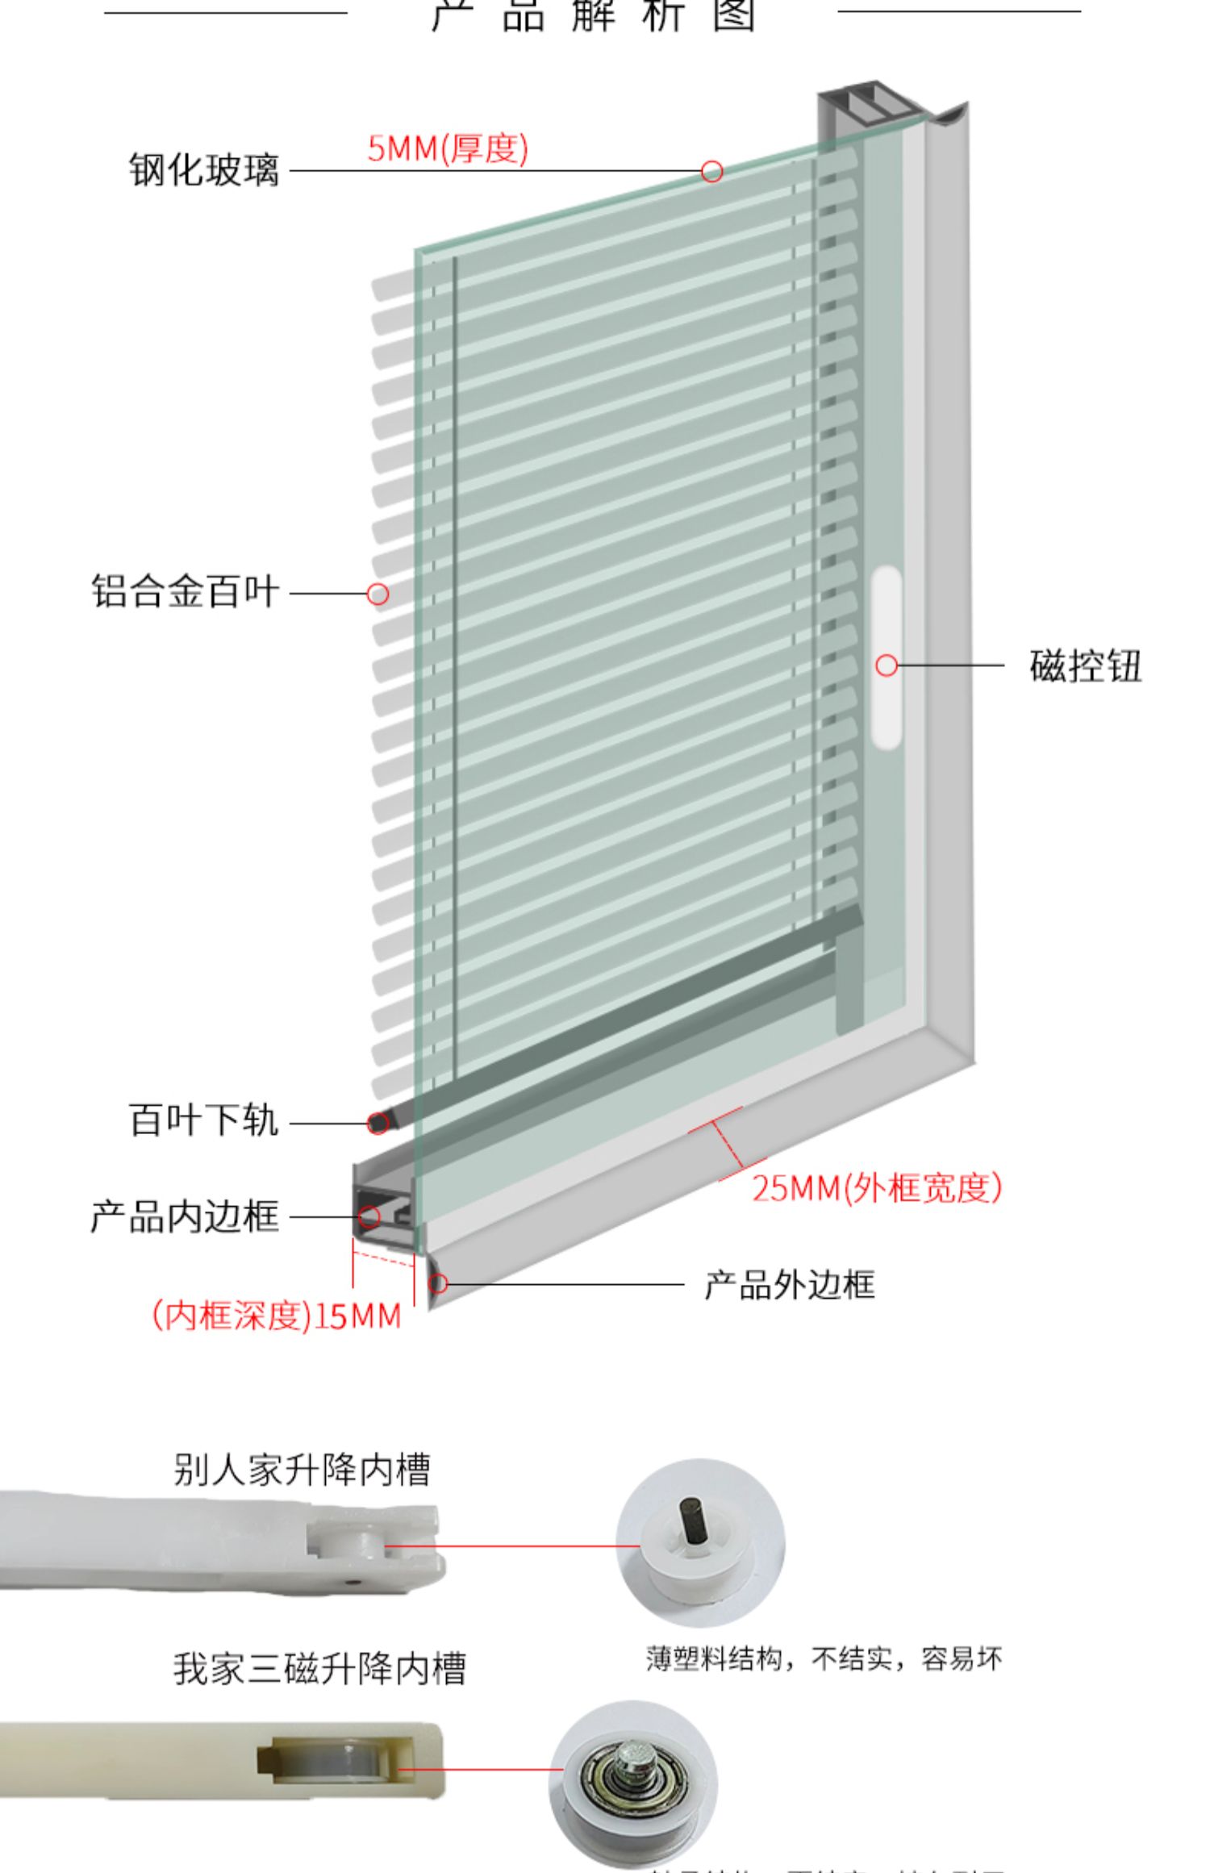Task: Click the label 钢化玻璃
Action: coord(204,170)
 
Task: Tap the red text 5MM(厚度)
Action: coord(448,148)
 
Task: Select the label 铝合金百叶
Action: coord(185,592)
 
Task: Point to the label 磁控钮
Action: coord(1085,666)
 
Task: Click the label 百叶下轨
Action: coord(204,1120)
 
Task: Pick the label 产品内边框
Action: coord(185,1216)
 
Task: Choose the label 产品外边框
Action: coord(789,1285)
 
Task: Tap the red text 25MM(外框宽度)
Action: coord(877,1188)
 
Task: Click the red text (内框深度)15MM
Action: coord(277,1316)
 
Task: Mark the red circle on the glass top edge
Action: coord(711,171)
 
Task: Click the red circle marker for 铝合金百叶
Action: coord(378,594)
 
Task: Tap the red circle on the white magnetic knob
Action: coord(887,665)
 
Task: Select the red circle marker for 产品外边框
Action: coord(438,1283)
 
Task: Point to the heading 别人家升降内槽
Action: coord(302,1469)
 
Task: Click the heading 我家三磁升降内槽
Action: coord(319,1668)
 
